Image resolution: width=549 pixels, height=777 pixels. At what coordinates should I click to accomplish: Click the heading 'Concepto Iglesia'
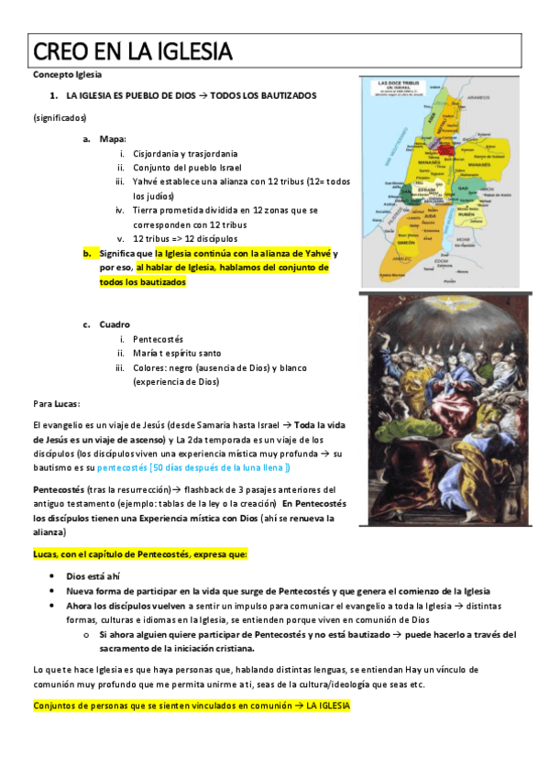(67, 74)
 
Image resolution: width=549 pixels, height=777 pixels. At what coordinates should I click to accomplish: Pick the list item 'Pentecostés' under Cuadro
(158, 339)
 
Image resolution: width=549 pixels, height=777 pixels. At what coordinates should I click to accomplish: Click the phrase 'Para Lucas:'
(56, 403)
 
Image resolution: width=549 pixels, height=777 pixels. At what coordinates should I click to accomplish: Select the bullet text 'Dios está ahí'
(93, 576)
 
